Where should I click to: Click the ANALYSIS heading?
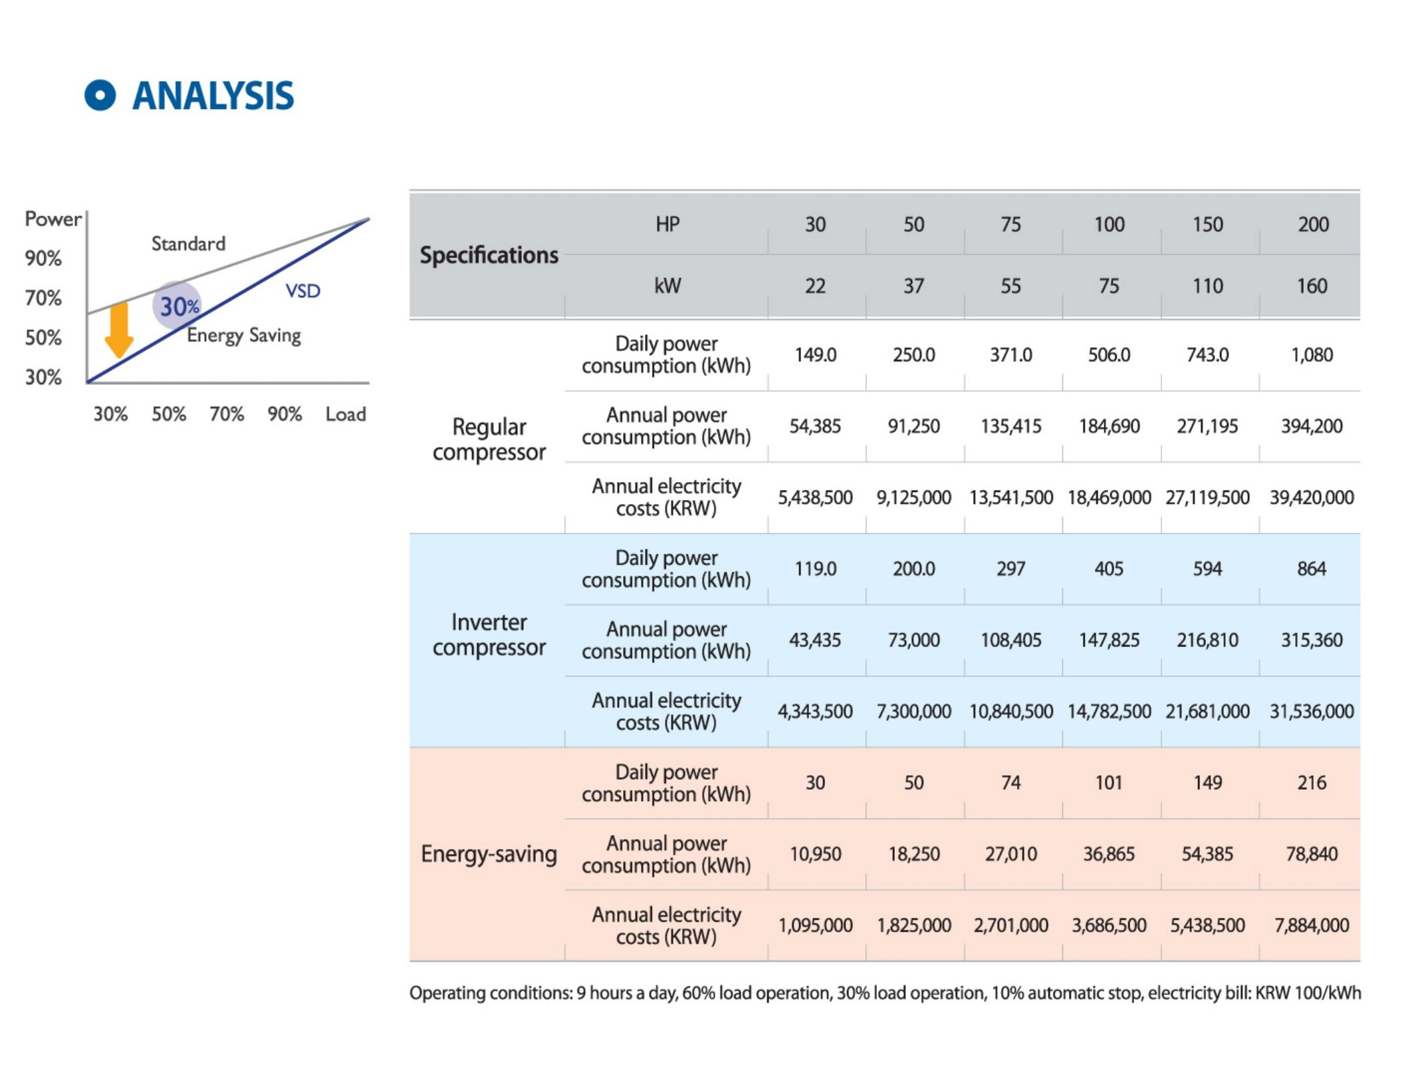pos(213,96)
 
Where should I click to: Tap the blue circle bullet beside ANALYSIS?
pos(100,95)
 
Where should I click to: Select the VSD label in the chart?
pos(302,291)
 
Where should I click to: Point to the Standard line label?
pos(188,244)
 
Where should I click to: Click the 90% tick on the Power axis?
pos(43,258)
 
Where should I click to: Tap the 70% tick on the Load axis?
pos(227,414)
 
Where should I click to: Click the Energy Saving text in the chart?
pos(243,335)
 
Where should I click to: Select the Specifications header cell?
pos(489,255)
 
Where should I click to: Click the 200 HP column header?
pos(1313,225)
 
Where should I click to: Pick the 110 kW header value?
pos(1207,286)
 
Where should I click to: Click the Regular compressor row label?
pos(489,439)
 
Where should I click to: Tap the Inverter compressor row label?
pos(489,634)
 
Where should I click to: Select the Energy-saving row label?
pos(489,854)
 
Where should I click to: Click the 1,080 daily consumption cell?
pos(1312,355)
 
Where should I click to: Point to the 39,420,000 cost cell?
pos(1312,497)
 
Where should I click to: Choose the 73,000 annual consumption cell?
pos(913,640)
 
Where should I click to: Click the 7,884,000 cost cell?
pos(1312,925)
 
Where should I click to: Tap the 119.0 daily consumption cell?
pos(815,569)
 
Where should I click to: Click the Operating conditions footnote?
pos(885,993)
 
